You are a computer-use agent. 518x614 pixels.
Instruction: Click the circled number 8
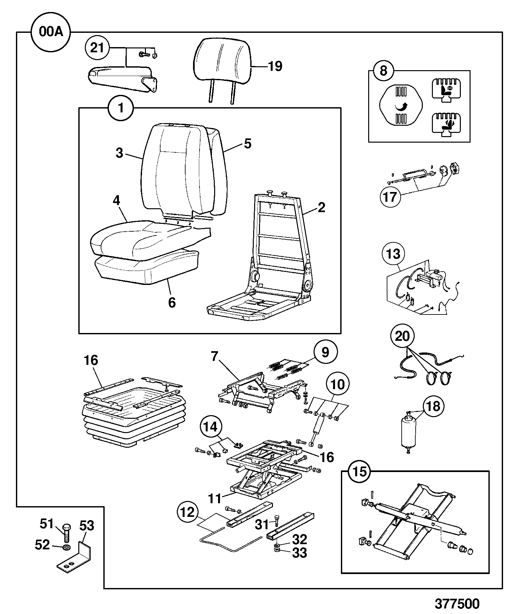(383, 70)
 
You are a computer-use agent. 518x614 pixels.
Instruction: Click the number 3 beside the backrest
(120, 153)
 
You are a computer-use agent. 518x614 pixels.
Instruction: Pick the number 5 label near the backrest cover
(248, 143)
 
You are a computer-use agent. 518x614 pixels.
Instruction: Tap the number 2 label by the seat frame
(321, 207)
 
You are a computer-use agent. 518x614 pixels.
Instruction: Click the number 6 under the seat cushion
(172, 302)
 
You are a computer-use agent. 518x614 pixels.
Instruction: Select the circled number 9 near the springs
(326, 352)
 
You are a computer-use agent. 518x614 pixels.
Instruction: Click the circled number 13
(394, 254)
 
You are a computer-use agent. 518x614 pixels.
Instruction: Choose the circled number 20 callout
(402, 336)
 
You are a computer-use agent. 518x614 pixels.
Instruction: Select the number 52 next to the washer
(42, 544)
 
